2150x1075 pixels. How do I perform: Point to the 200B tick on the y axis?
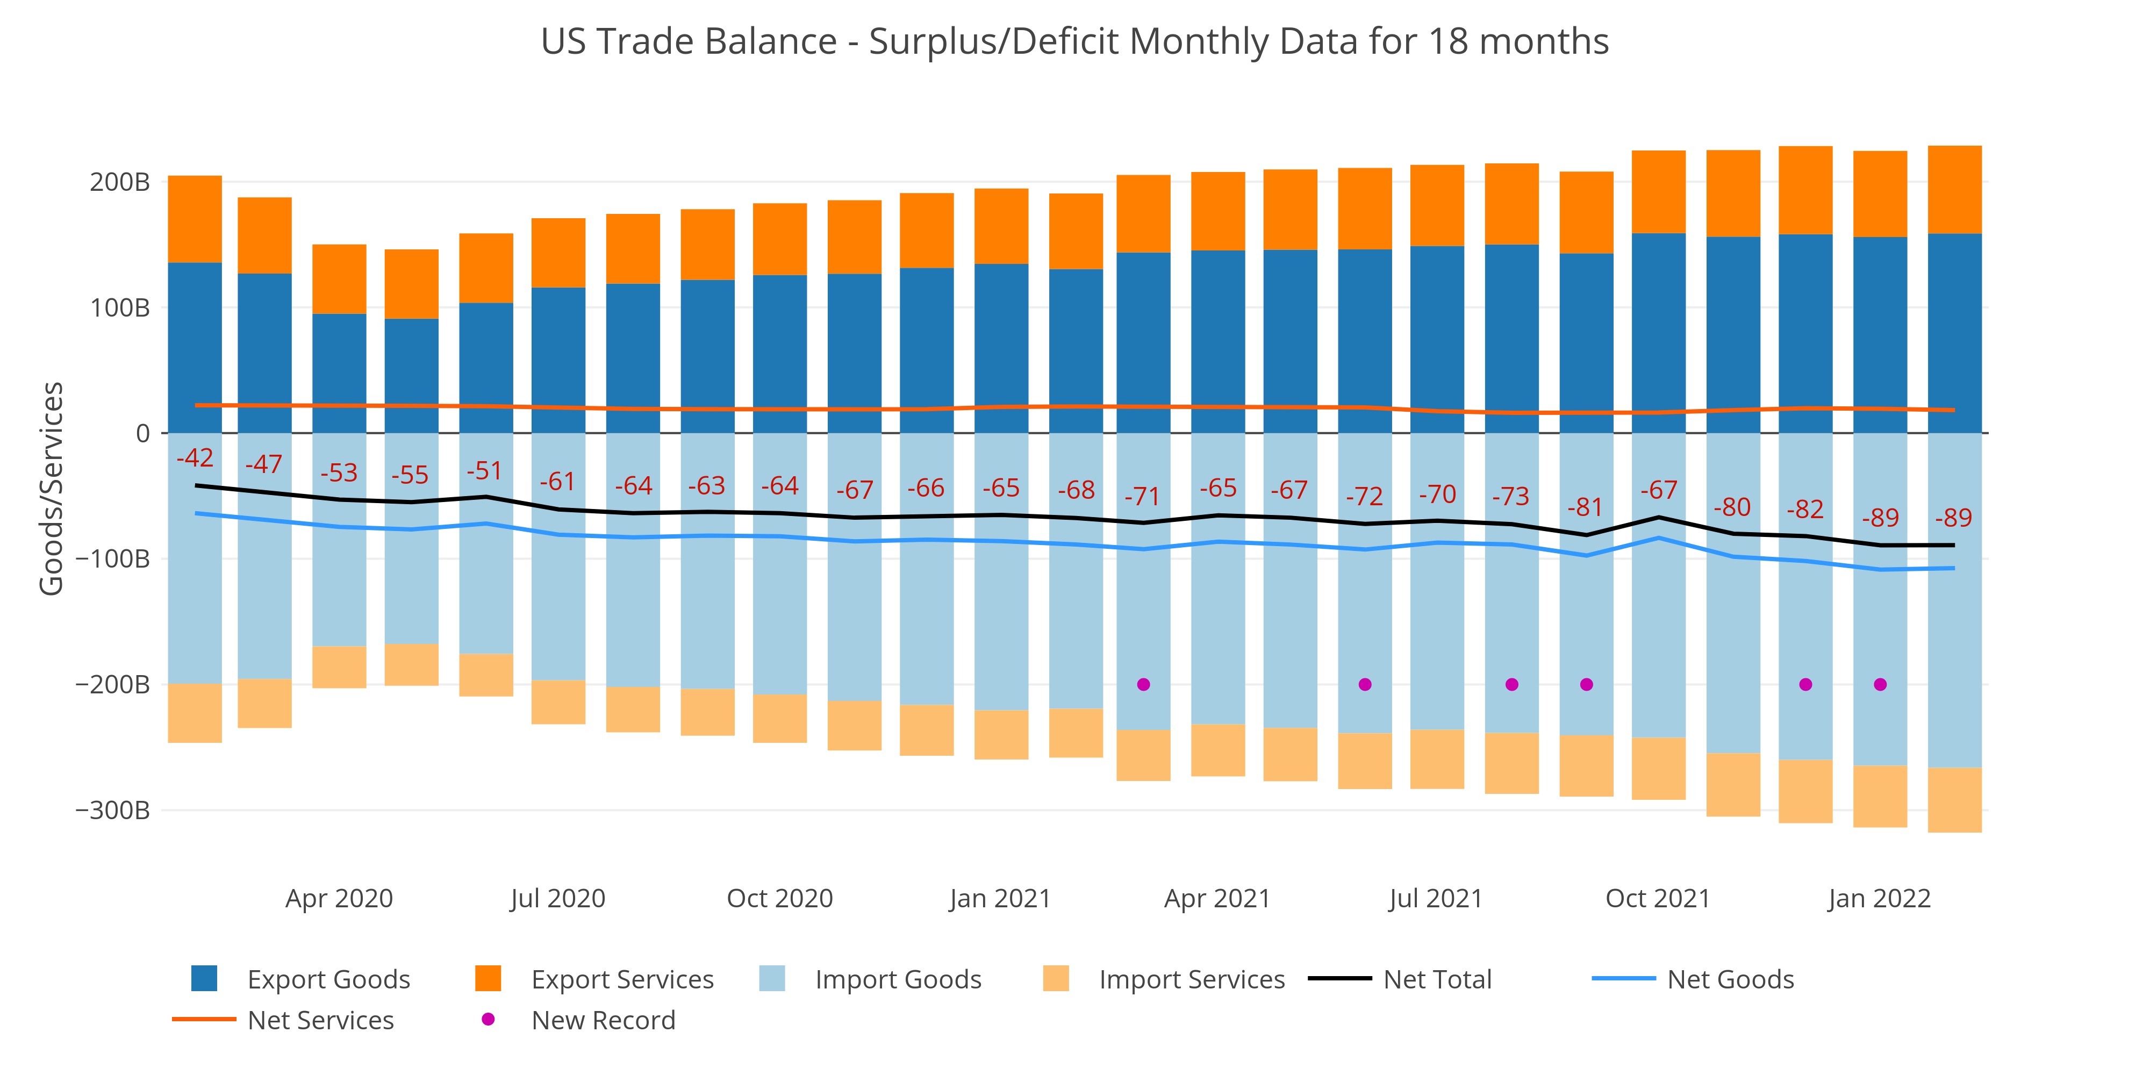(x=119, y=182)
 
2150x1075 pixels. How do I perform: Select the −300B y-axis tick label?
(x=113, y=809)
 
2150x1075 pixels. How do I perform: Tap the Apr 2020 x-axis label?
(x=339, y=898)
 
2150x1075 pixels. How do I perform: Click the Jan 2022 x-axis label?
(x=1879, y=898)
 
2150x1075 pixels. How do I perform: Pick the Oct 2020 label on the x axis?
(x=779, y=898)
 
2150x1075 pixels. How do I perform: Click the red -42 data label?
(x=195, y=457)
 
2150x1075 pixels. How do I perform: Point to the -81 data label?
(x=1585, y=507)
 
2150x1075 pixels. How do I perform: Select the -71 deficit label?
(x=1143, y=497)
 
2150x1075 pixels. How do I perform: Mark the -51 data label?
(x=484, y=471)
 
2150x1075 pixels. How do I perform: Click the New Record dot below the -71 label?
(x=1143, y=684)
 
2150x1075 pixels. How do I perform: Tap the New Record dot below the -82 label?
(x=1805, y=684)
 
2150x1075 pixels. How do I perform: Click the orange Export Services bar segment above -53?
(x=339, y=279)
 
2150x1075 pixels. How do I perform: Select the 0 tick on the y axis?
(x=143, y=433)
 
